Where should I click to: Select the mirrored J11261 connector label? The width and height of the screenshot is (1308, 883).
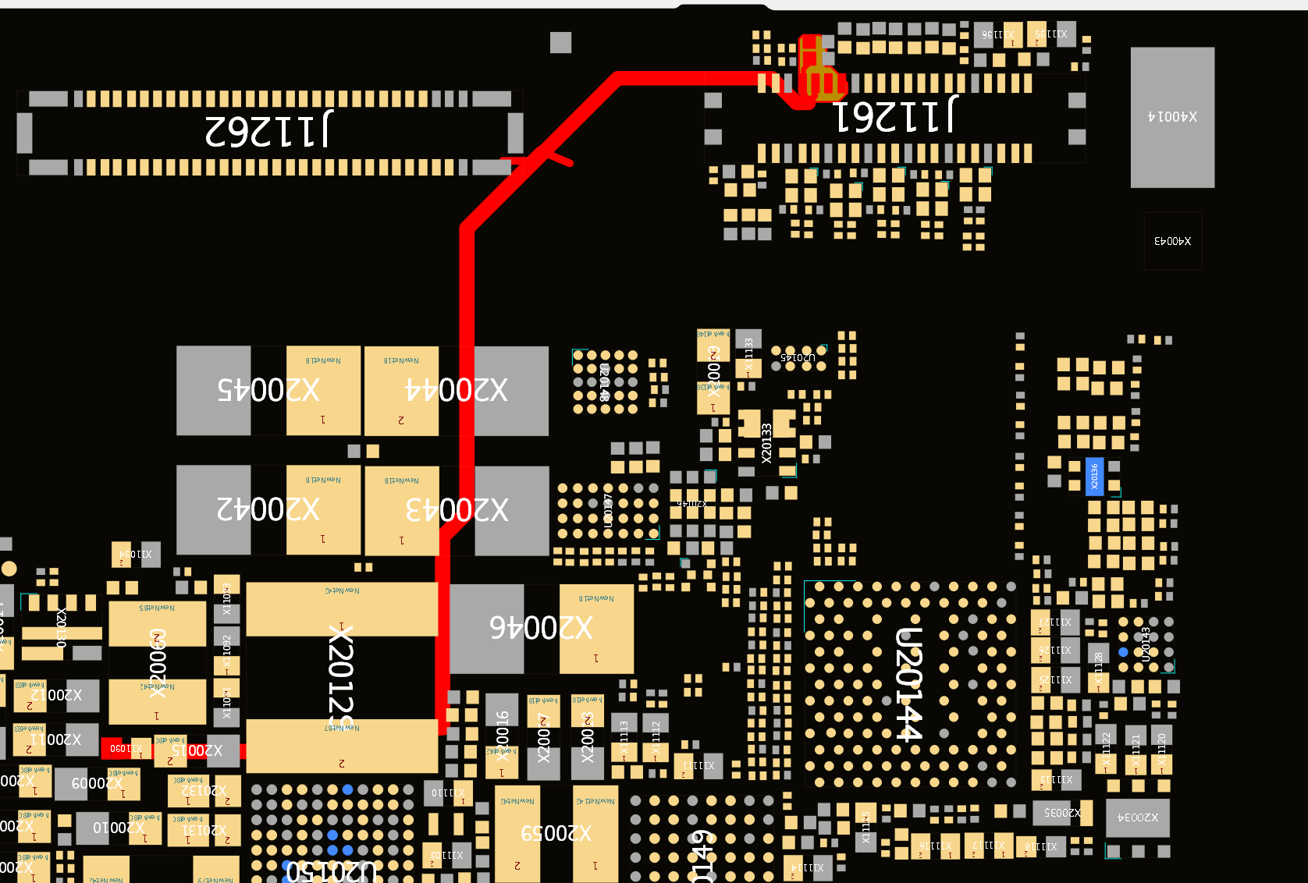(x=896, y=115)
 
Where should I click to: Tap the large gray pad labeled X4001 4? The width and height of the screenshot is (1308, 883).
(x=1172, y=117)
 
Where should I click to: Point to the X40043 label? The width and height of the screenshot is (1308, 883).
(x=1172, y=241)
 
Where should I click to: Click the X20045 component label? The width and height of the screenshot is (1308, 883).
(x=268, y=390)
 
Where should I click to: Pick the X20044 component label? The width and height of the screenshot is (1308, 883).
(x=457, y=390)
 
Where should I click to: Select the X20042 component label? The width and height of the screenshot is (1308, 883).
(x=268, y=509)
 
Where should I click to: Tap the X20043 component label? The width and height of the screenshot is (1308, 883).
(x=457, y=510)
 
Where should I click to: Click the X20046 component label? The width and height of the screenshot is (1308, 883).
(x=541, y=628)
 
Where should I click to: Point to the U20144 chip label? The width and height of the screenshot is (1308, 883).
(x=908, y=683)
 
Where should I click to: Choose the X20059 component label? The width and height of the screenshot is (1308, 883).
(x=556, y=833)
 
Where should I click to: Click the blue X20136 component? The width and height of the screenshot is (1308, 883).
(x=1094, y=476)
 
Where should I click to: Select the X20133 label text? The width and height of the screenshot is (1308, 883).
(x=766, y=443)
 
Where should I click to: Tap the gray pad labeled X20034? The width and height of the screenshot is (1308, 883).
(x=1138, y=817)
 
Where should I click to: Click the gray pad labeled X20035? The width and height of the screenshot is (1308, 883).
(x=1062, y=813)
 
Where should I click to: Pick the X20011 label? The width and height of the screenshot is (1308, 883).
(x=55, y=739)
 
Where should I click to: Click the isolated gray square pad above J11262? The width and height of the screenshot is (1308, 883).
(x=560, y=42)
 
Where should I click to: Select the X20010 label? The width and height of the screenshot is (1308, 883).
(x=119, y=827)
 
